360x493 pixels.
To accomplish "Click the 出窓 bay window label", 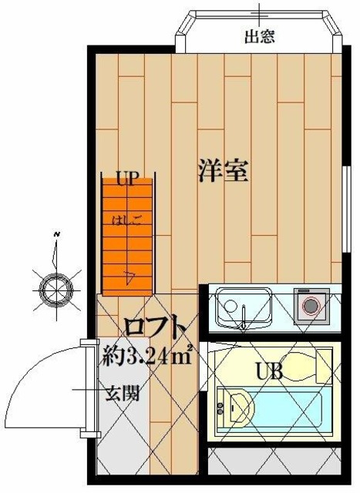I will (x=259, y=36).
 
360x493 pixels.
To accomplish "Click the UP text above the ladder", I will (x=127, y=179).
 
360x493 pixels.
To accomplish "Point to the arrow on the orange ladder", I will (x=130, y=275).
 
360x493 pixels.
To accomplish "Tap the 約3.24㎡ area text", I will (x=147, y=357).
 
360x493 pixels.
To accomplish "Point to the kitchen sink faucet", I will (x=244, y=322).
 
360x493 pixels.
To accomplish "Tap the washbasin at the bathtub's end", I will (x=235, y=405).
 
